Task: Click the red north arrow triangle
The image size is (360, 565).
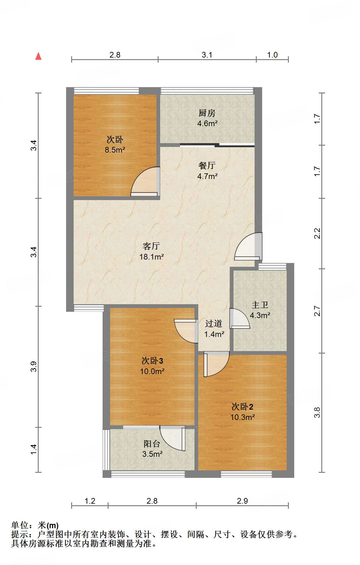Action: [x=38, y=56]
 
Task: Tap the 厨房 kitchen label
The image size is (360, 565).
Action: [x=207, y=113]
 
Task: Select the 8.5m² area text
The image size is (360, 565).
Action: [x=115, y=150]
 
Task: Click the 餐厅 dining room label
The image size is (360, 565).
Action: [x=207, y=165]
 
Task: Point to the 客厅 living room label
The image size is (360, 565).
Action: [x=151, y=246]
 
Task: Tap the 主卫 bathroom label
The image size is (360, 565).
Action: [x=260, y=305]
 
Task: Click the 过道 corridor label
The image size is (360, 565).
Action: [x=214, y=323]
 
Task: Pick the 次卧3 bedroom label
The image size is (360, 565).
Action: [x=152, y=361]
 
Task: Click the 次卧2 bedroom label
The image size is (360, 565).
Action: [x=242, y=407]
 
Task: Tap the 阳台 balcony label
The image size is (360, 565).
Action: [x=152, y=444]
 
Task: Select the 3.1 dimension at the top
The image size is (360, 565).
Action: [x=207, y=55]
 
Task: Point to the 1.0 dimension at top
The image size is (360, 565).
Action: [x=272, y=55]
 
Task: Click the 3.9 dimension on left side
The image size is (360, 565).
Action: [x=34, y=367]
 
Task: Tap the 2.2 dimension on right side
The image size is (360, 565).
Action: [x=317, y=233]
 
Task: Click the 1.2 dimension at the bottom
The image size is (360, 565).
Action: [x=90, y=501]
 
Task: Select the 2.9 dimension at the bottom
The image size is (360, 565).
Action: [x=242, y=501]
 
